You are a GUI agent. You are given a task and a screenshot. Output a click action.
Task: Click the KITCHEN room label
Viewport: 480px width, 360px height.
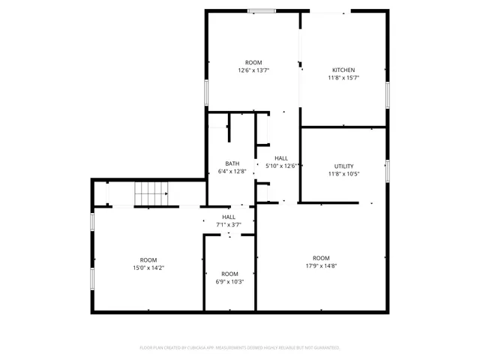click(343, 70)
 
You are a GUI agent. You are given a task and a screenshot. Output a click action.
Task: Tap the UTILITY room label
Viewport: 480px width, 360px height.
click(343, 166)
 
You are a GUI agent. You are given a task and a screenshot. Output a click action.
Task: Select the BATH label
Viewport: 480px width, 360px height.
click(232, 163)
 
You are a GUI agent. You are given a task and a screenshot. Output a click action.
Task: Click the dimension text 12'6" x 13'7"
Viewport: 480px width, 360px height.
click(253, 70)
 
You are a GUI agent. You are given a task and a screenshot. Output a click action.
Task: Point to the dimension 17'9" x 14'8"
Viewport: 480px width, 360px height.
click(321, 265)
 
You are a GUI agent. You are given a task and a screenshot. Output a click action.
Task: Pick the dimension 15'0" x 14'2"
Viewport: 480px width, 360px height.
click(148, 268)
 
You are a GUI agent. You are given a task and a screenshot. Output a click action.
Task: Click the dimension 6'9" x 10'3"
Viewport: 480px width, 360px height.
click(229, 281)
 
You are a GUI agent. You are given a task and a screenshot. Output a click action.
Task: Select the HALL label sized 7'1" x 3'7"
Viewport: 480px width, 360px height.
click(229, 217)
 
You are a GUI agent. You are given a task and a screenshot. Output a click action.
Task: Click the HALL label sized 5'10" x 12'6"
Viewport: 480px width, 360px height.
click(281, 158)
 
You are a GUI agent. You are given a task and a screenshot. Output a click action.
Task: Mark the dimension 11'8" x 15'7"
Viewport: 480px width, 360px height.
click(343, 78)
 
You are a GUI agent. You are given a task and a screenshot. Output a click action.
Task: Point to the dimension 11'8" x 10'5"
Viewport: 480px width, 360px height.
click(343, 174)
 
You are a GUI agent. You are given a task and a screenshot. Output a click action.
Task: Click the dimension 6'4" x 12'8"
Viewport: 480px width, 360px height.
click(232, 171)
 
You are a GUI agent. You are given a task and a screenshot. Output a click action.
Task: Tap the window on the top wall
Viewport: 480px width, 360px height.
click(261, 10)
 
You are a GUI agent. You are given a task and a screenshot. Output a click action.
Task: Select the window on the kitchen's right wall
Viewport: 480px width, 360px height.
click(388, 93)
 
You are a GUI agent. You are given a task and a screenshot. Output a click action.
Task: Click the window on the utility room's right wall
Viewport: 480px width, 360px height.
click(388, 170)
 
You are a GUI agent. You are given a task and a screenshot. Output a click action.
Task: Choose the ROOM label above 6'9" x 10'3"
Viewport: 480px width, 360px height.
click(229, 274)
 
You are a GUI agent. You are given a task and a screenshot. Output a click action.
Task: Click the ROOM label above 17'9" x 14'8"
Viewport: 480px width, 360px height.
click(321, 258)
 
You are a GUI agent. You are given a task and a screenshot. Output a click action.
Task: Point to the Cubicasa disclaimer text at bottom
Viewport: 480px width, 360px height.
click(240, 347)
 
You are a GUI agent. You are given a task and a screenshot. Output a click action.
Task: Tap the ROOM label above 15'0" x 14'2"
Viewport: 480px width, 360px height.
click(148, 259)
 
